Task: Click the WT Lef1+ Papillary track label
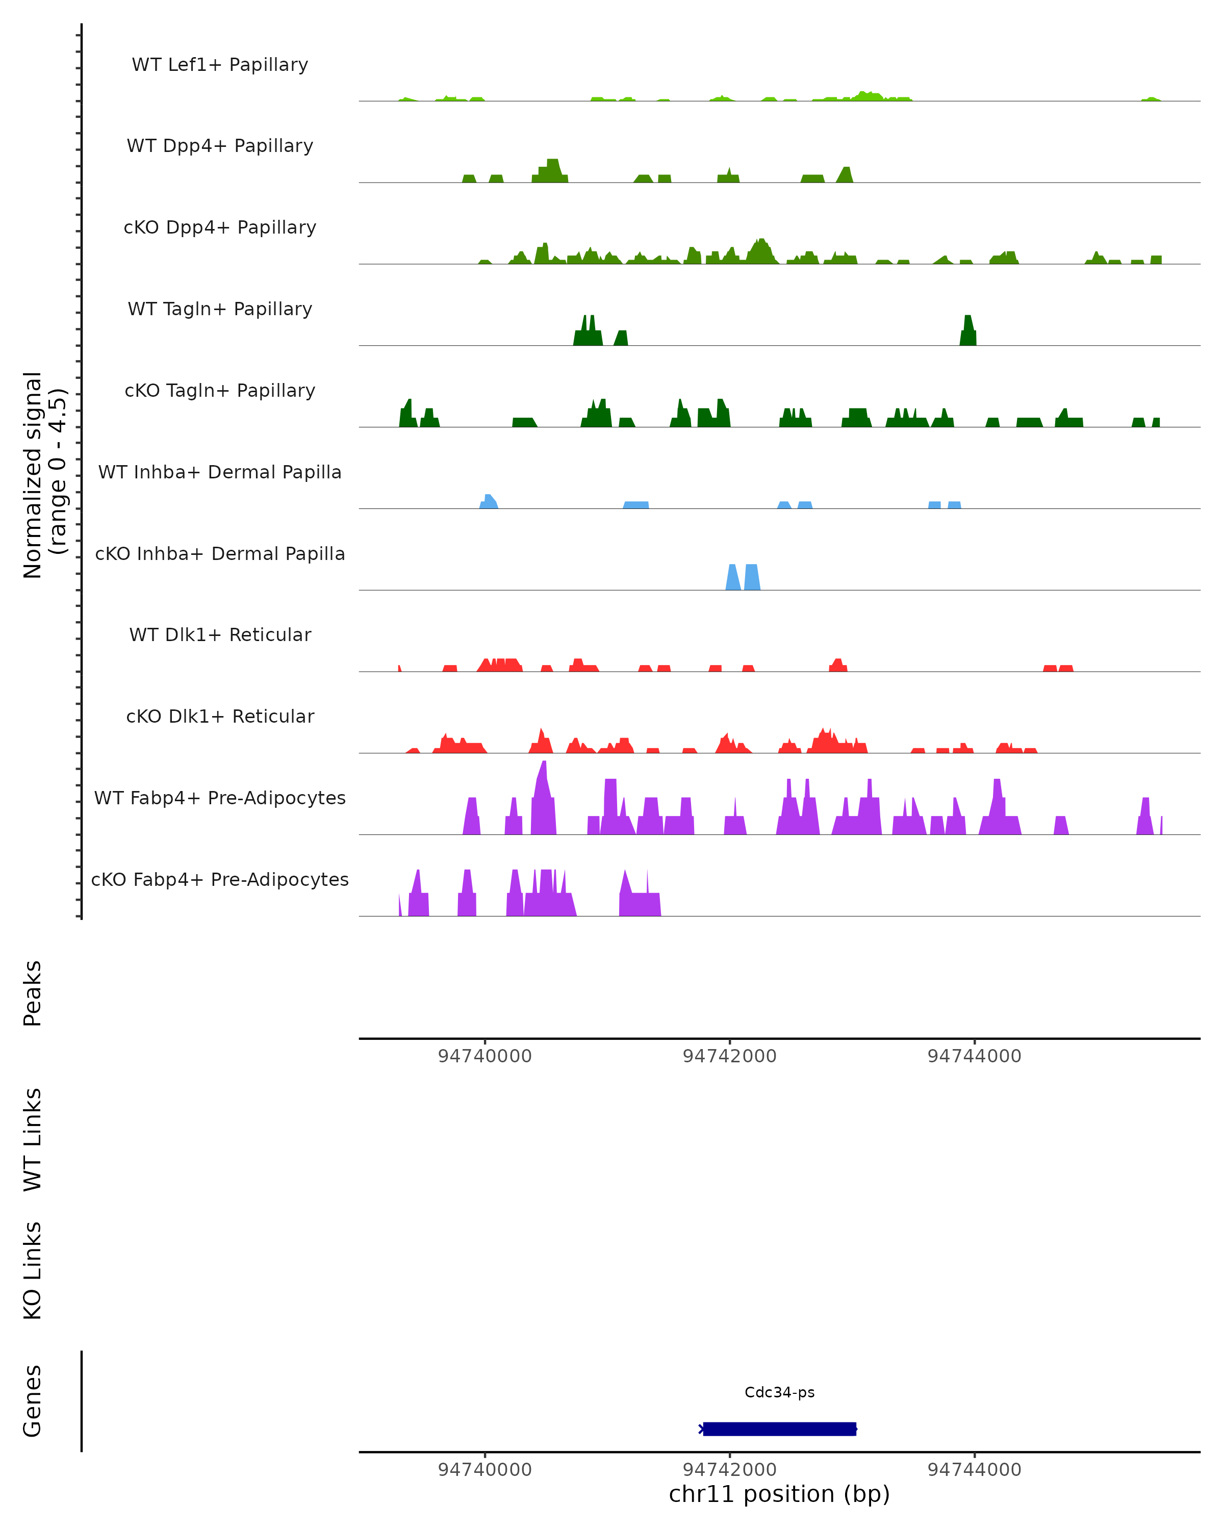click(x=220, y=65)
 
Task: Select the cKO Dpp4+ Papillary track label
click(x=220, y=228)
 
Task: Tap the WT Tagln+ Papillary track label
click(x=220, y=310)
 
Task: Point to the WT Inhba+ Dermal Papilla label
click(x=220, y=473)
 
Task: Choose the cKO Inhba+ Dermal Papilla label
click(x=220, y=554)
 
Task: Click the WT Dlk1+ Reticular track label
click(x=220, y=635)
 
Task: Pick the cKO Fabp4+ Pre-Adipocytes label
click(x=220, y=880)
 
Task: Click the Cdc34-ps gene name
click(x=779, y=1392)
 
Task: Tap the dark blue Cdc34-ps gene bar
click(x=779, y=1429)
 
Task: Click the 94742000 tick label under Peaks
click(x=729, y=1057)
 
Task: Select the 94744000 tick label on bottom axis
click(x=974, y=1470)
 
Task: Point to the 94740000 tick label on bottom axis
click(x=484, y=1470)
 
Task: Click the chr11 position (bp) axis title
click(x=779, y=1494)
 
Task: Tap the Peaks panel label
click(x=33, y=993)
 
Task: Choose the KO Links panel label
click(x=33, y=1271)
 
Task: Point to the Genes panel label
click(x=33, y=1401)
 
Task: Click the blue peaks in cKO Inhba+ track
click(x=742, y=578)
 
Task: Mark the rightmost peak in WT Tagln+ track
click(x=968, y=332)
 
